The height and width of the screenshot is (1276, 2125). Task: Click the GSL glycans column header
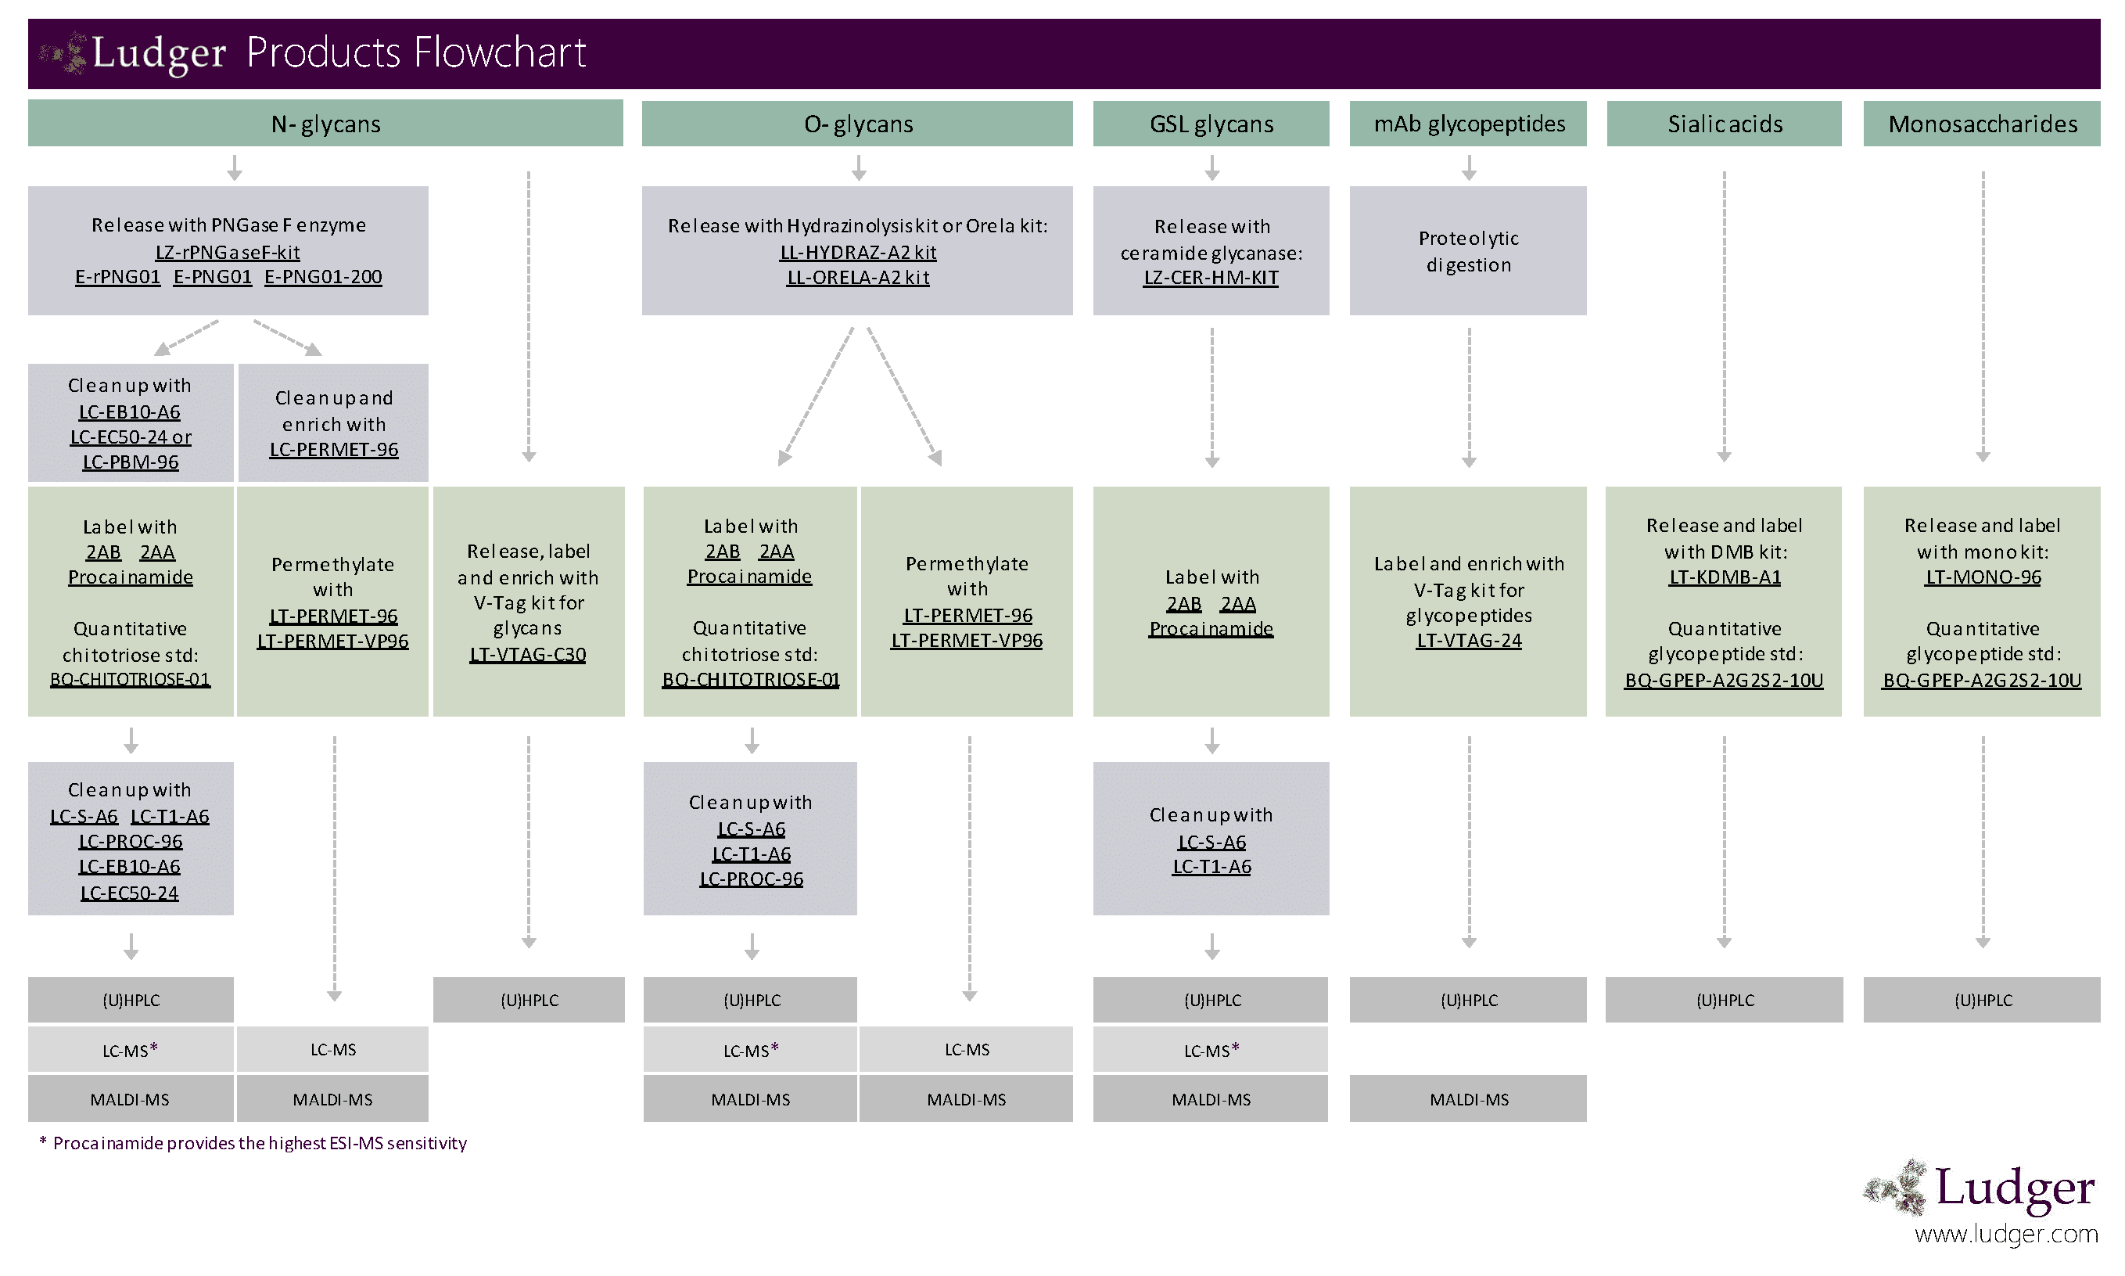(x=1211, y=124)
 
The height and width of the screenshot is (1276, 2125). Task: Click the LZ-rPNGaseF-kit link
(x=227, y=252)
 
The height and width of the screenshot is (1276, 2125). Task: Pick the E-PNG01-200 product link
(x=322, y=277)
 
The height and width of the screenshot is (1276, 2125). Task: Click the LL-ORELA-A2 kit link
(x=857, y=278)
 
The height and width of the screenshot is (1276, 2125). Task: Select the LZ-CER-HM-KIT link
(x=1211, y=278)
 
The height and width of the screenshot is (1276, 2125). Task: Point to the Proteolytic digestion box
(x=1467, y=251)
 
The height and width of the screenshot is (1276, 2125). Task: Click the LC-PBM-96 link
(x=131, y=462)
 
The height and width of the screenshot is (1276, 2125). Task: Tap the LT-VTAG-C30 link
(x=527, y=654)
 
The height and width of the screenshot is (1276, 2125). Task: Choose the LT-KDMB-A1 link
(x=1724, y=577)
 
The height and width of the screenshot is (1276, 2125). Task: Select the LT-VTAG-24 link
(x=1468, y=641)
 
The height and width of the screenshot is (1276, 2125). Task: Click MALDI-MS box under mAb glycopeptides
(x=1467, y=1099)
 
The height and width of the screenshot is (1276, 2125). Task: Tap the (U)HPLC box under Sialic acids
(x=1724, y=1000)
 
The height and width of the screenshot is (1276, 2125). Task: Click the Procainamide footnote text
(x=258, y=1143)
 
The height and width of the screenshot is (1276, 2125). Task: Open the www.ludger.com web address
(x=2005, y=1234)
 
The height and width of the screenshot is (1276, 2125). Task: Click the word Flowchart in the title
(x=500, y=53)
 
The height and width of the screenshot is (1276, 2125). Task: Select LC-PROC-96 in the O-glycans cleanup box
(x=751, y=879)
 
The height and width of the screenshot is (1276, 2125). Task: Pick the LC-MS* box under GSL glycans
(x=1211, y=1050)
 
